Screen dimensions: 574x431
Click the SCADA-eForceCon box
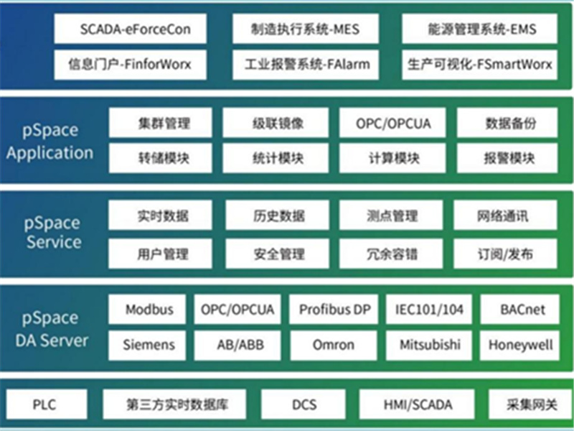[x=131, y=29]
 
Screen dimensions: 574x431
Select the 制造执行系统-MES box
[x=306, y=29]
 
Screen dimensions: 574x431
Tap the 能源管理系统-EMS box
[x=479, y=29]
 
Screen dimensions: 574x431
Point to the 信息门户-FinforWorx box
[x=131, y=65]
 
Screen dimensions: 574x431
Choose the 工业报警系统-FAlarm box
[x=306, y=65]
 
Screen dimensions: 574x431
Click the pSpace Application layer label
[x=50, y=142]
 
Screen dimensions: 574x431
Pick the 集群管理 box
[x=160, y=123]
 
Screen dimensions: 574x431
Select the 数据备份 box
[x=507, y=123]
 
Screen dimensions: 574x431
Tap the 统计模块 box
[x=276, y=158]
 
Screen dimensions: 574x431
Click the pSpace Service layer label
[x=52, y=233]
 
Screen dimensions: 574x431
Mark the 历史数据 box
[x=278, y=215]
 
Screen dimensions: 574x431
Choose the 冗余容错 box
[x=391, y=254]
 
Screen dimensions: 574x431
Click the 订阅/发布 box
[x=506, y=254]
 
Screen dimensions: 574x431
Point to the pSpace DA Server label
[x=51, y=329]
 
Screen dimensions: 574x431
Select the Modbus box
[x=147, y=310]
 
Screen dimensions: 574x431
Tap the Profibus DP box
[x=334, y=310]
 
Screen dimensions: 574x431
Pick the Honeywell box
[x=519, y=346]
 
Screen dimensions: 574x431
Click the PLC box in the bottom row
[x=47, y=404]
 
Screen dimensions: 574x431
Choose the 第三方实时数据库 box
[x=174, y=404]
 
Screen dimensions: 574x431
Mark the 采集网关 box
[x=531, y=404]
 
